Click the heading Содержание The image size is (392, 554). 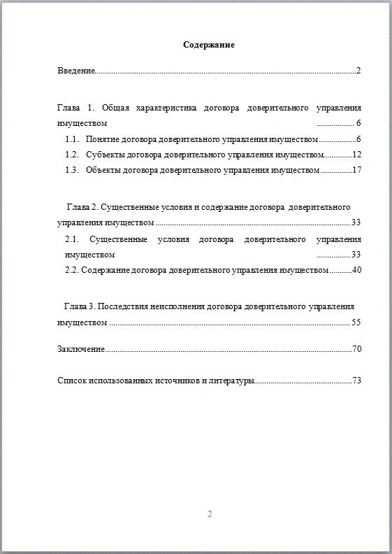point(208,45)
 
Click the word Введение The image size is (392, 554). point(75,71)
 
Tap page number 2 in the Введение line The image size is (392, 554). point(358,71)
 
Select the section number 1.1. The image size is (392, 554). point(72,139)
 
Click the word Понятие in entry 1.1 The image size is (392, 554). point(105,139)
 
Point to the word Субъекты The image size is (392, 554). point(106,155)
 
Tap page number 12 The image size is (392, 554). point(356,155)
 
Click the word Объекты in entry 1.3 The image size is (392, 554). point(106,170)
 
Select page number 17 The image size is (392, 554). point(356,170)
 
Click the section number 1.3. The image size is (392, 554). point(72,170)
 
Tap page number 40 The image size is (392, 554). point(356,269)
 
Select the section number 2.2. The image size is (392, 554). point(72,269)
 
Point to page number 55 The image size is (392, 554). point(356,322)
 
